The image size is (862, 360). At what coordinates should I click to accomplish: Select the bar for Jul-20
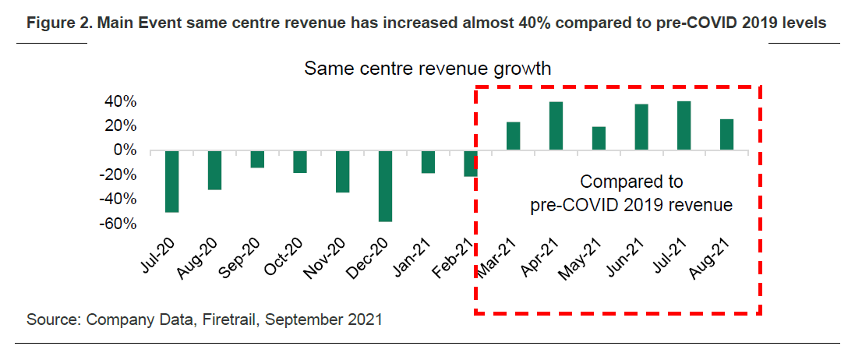[x=172, y=181]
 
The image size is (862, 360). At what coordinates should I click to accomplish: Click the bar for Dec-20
[x=386, y=185]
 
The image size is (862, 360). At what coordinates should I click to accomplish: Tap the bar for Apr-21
[x=556, y=126]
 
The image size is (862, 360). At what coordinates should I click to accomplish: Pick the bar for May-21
[x=599, y=139]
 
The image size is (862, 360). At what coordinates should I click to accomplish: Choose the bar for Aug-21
[x=726, y=135]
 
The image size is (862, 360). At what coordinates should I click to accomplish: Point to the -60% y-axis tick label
[x=118, y=224]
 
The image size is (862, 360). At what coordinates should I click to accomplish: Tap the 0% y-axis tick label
[x=125, y=150]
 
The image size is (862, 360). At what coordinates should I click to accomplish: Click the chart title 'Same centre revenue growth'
[x=428, y=69]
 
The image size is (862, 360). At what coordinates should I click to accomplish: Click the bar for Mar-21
[x=513, y=136]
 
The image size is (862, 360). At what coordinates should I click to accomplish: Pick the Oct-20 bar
[x=300, y=161]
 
